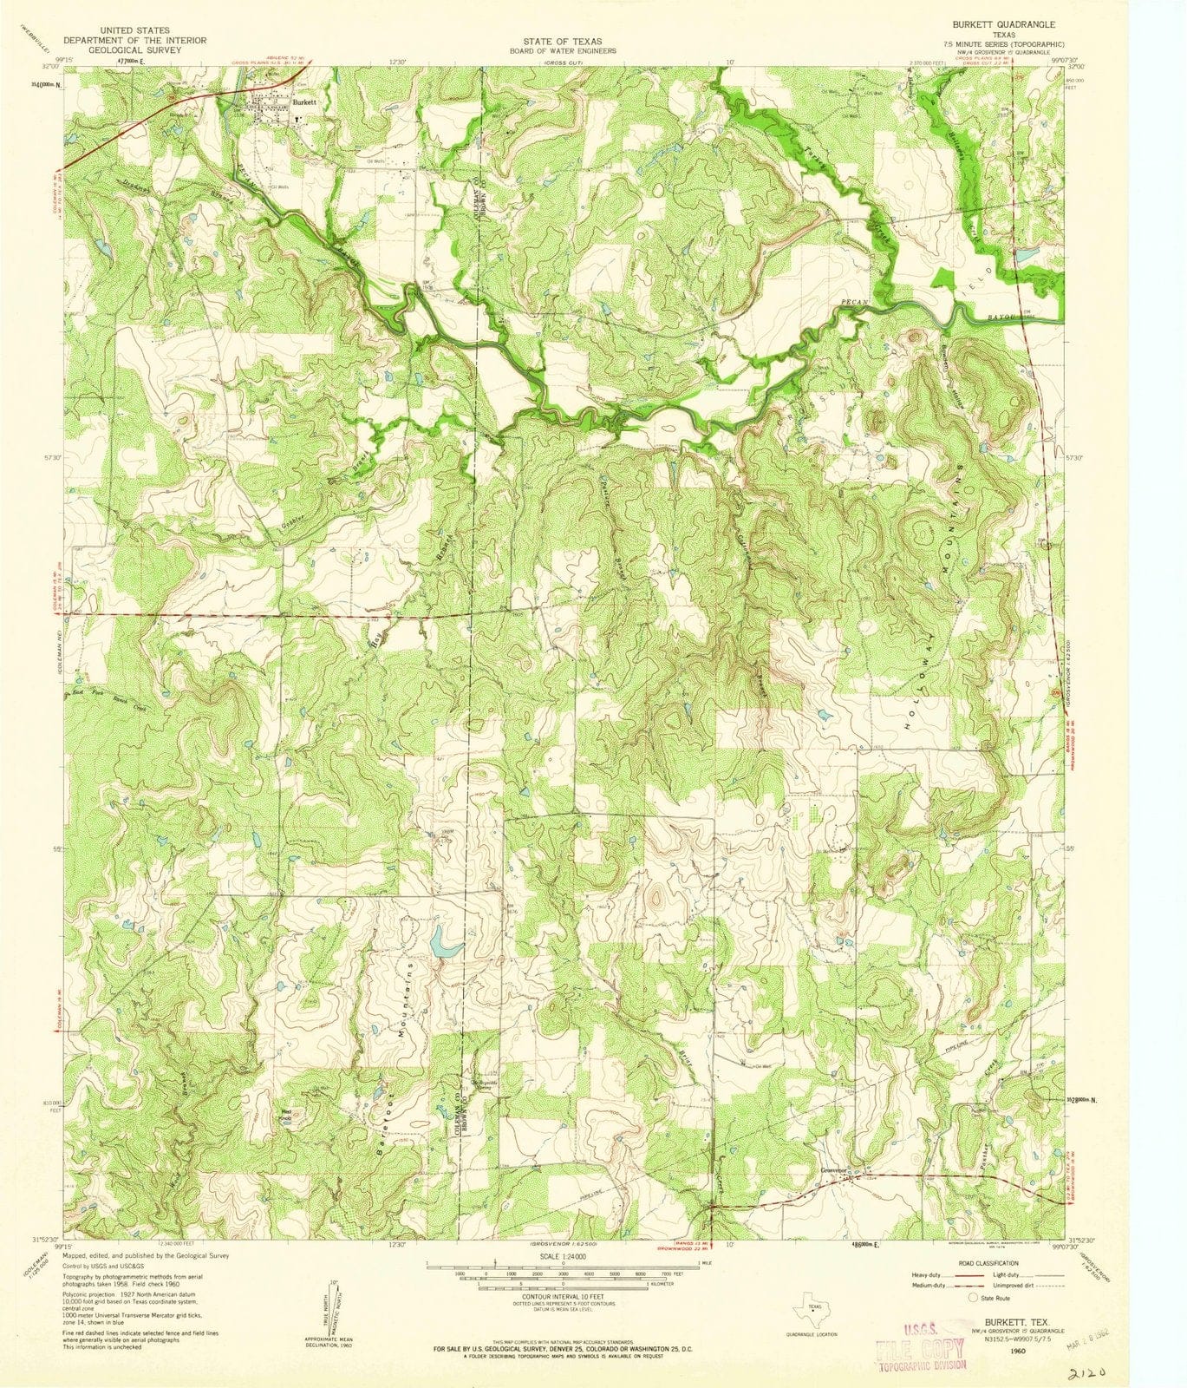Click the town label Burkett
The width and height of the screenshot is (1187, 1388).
click(304, 101)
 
